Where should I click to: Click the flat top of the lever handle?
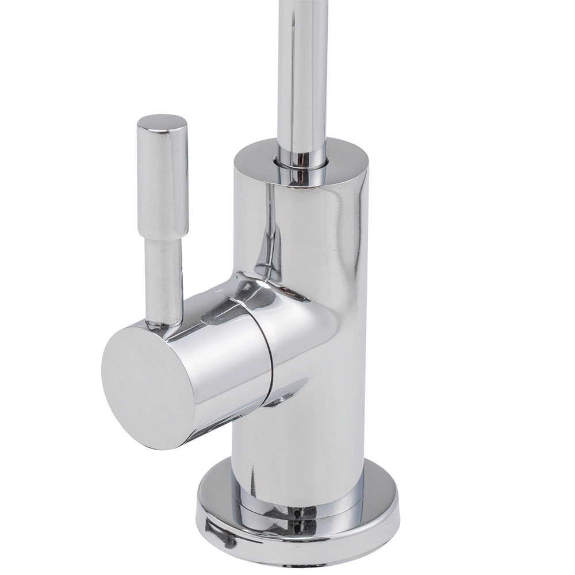pos(162,121)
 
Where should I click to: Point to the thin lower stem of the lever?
pos(164,282)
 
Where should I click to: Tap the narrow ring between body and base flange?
pos(299,506)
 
